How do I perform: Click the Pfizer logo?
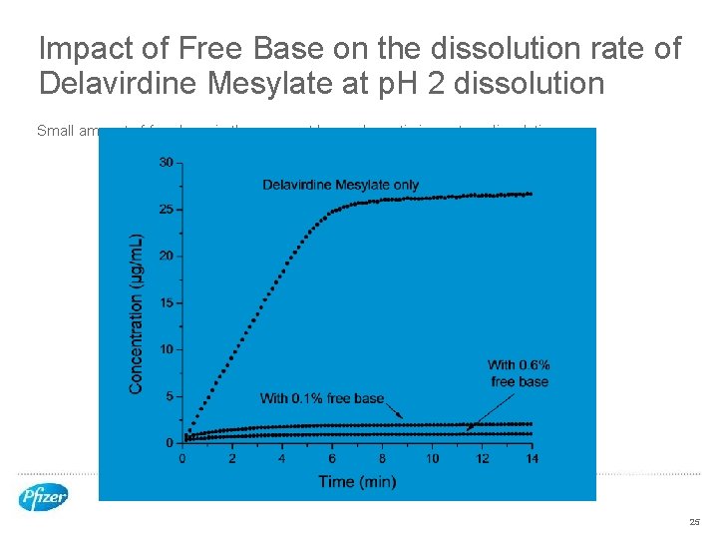pyautogui.click(x=43, y=496)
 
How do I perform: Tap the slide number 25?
pyautogui.click(x=694, y=522)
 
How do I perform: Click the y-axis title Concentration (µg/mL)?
pyautogui.click(x=137, y=313)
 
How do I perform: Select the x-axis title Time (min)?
pyautogui.click(x=357, y=482)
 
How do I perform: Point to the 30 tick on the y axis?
pyautogui.click(x=166, y=162)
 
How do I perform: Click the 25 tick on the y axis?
pyautogui.click(x=166, y=209)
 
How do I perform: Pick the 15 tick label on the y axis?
pyautogui.click(x=166, y=302)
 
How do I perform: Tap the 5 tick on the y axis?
pyautogui.click(x=169, y=396)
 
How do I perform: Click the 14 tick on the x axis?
pyautogui.click(x=532, y=458)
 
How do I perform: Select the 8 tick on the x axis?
pyautogui.click(x=382, y=458)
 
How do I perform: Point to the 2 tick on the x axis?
pyautogui.click(x=231, y=458)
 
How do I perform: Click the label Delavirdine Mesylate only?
pyautogui.click(x=340, y=185)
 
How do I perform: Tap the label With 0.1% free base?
pyautogui.click(x=321, y=398)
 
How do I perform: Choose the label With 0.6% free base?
pyautogui.click(x=519, y=373)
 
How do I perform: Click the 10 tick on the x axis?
pyautogui.click(x=432, y=458)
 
